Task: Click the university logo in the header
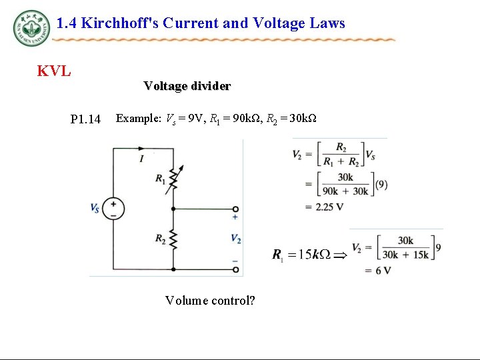click(x=31, y=28)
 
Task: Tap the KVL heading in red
click(x=54, y=71)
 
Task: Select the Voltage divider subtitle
click(x=187, y=86)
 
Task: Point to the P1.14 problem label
click(x=85, y=119)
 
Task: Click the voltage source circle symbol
click(x=113, y=209)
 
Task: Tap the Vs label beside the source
click(x=95, y=208)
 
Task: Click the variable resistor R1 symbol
click(x=173, y=177)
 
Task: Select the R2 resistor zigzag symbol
click(x=173, y=239)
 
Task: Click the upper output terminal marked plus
click(x=235, y=209)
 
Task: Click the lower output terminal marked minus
click(x=235, y=269)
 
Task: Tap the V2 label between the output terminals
click(x=235, y=239)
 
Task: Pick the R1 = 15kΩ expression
click(x=301, y=254)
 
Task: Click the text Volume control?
click(x=210, y=300)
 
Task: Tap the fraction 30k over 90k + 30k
click(x=345, y=184)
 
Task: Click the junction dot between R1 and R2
click(x=173, y=209)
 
